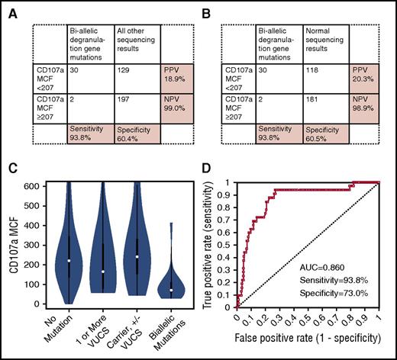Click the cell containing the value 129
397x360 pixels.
(x=122, y=69)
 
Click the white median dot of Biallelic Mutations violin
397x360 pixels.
(x=173, y=291)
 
